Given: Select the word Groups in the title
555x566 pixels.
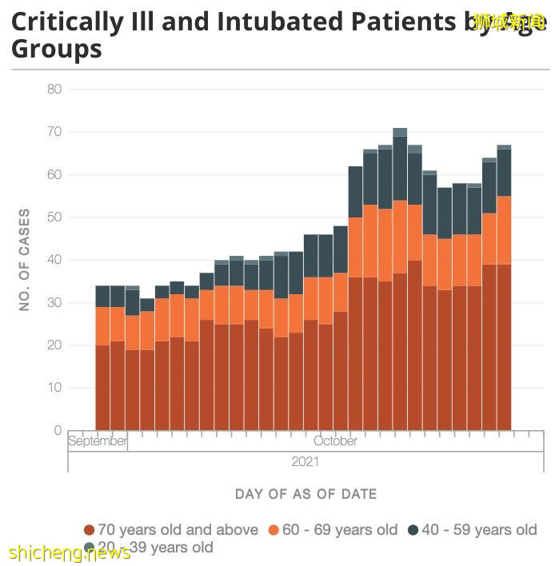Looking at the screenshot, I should tap(57, 49).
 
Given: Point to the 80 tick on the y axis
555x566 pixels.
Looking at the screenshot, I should tap(54, 89).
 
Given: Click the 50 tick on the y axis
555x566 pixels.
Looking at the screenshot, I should tap(54, 217).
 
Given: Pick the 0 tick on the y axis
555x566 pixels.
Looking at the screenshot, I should tap(58, 431).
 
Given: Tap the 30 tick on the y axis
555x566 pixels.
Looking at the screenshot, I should tap(54, 303).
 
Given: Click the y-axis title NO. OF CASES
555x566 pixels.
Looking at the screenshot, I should tap(25, 260).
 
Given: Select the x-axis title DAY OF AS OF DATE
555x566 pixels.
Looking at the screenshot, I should tap(305, 494).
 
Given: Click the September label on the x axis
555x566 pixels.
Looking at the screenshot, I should tap(98, 441).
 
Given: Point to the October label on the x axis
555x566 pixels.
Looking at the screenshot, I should tap(336, 441).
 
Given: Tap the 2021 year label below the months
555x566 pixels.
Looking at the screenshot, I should tap(305, 461).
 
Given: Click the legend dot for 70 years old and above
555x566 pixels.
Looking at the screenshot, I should tap(90, 530).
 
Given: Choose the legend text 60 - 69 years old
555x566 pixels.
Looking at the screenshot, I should tap(339, 530).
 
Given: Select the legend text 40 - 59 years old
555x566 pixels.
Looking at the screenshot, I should tap(479, 530).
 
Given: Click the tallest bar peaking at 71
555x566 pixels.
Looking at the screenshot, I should tap(400, 280).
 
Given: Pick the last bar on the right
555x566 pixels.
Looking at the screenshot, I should tap(504, 288).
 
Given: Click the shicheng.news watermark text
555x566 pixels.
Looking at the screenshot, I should tap(70, 553).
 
